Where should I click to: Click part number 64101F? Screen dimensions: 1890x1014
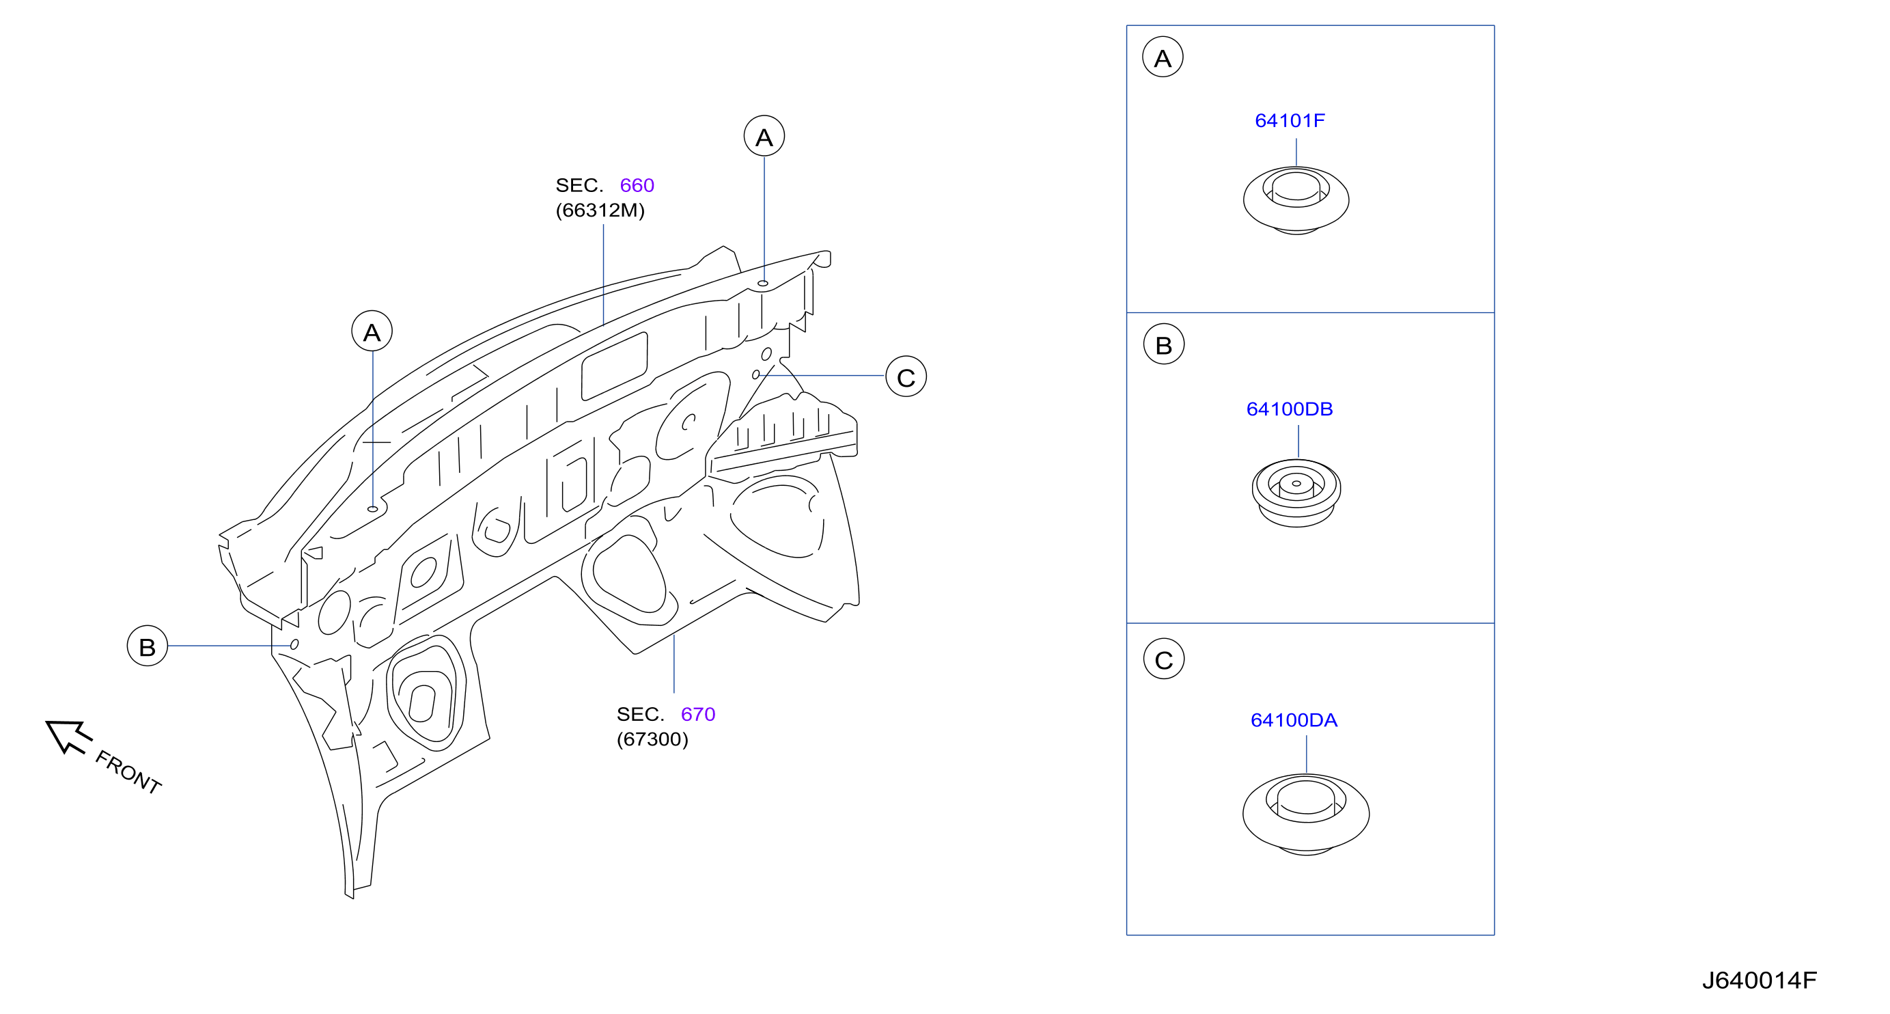(x=1289, y=120)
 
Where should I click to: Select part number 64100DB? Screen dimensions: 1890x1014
(x=1289, y=409)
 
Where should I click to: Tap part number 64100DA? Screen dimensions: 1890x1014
(x=1294, y=720)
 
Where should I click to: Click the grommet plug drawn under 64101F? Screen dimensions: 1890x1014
(x=1296, y=200)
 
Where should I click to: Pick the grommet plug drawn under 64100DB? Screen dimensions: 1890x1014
(x=1296, y=493)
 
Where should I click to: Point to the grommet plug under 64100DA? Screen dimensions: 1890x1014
(x=1306, y=814)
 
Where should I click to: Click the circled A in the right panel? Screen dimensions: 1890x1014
(x=1163, y=57)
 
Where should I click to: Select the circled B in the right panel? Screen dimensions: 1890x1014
(x=1164, y=344)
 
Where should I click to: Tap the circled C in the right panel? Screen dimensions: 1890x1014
(x=1164, y=659)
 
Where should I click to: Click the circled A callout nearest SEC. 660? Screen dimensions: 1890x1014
(x=764, y=136)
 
